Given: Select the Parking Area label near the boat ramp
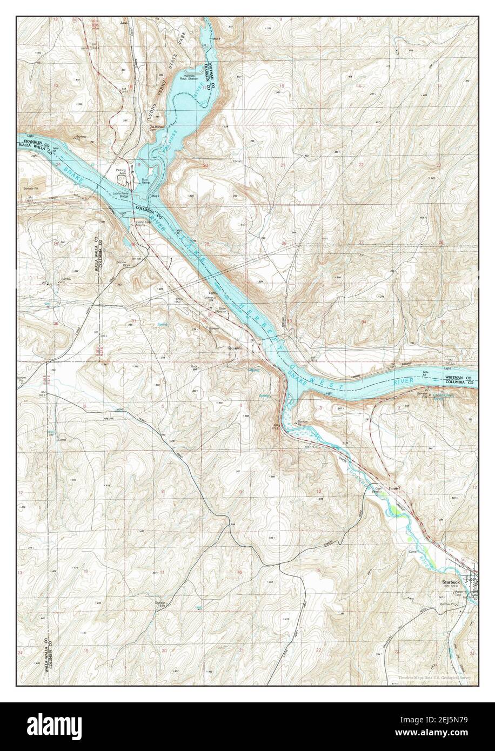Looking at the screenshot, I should click(120, 172).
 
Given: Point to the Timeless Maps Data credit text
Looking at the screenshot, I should click(435, 678).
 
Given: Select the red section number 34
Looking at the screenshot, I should click(364, 321).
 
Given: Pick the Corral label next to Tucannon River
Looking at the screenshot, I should click(414, 552).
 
